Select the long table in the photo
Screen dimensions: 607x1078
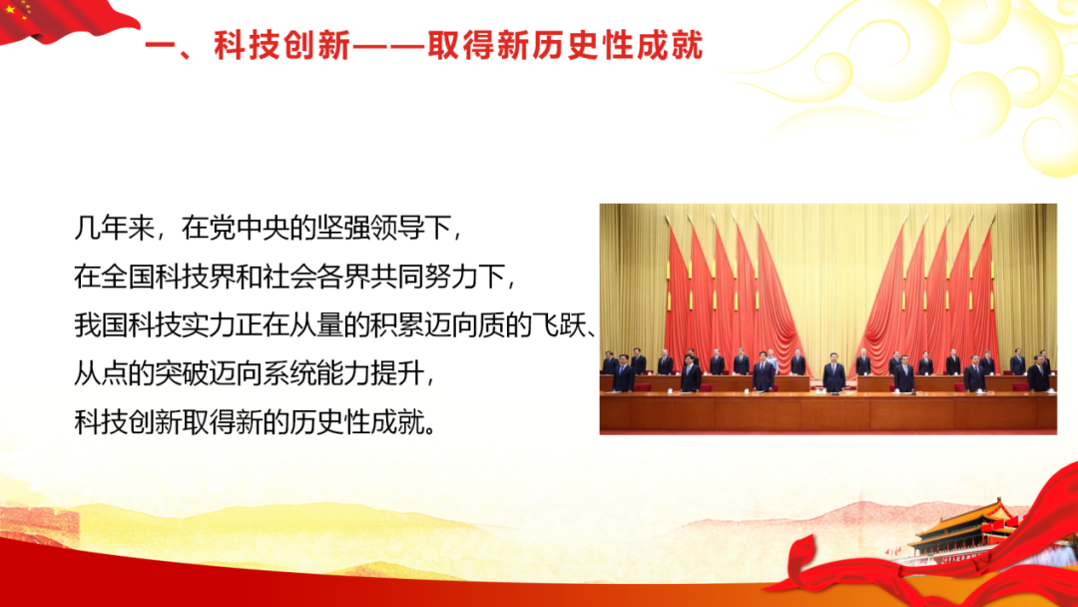[x=827, y=410]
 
